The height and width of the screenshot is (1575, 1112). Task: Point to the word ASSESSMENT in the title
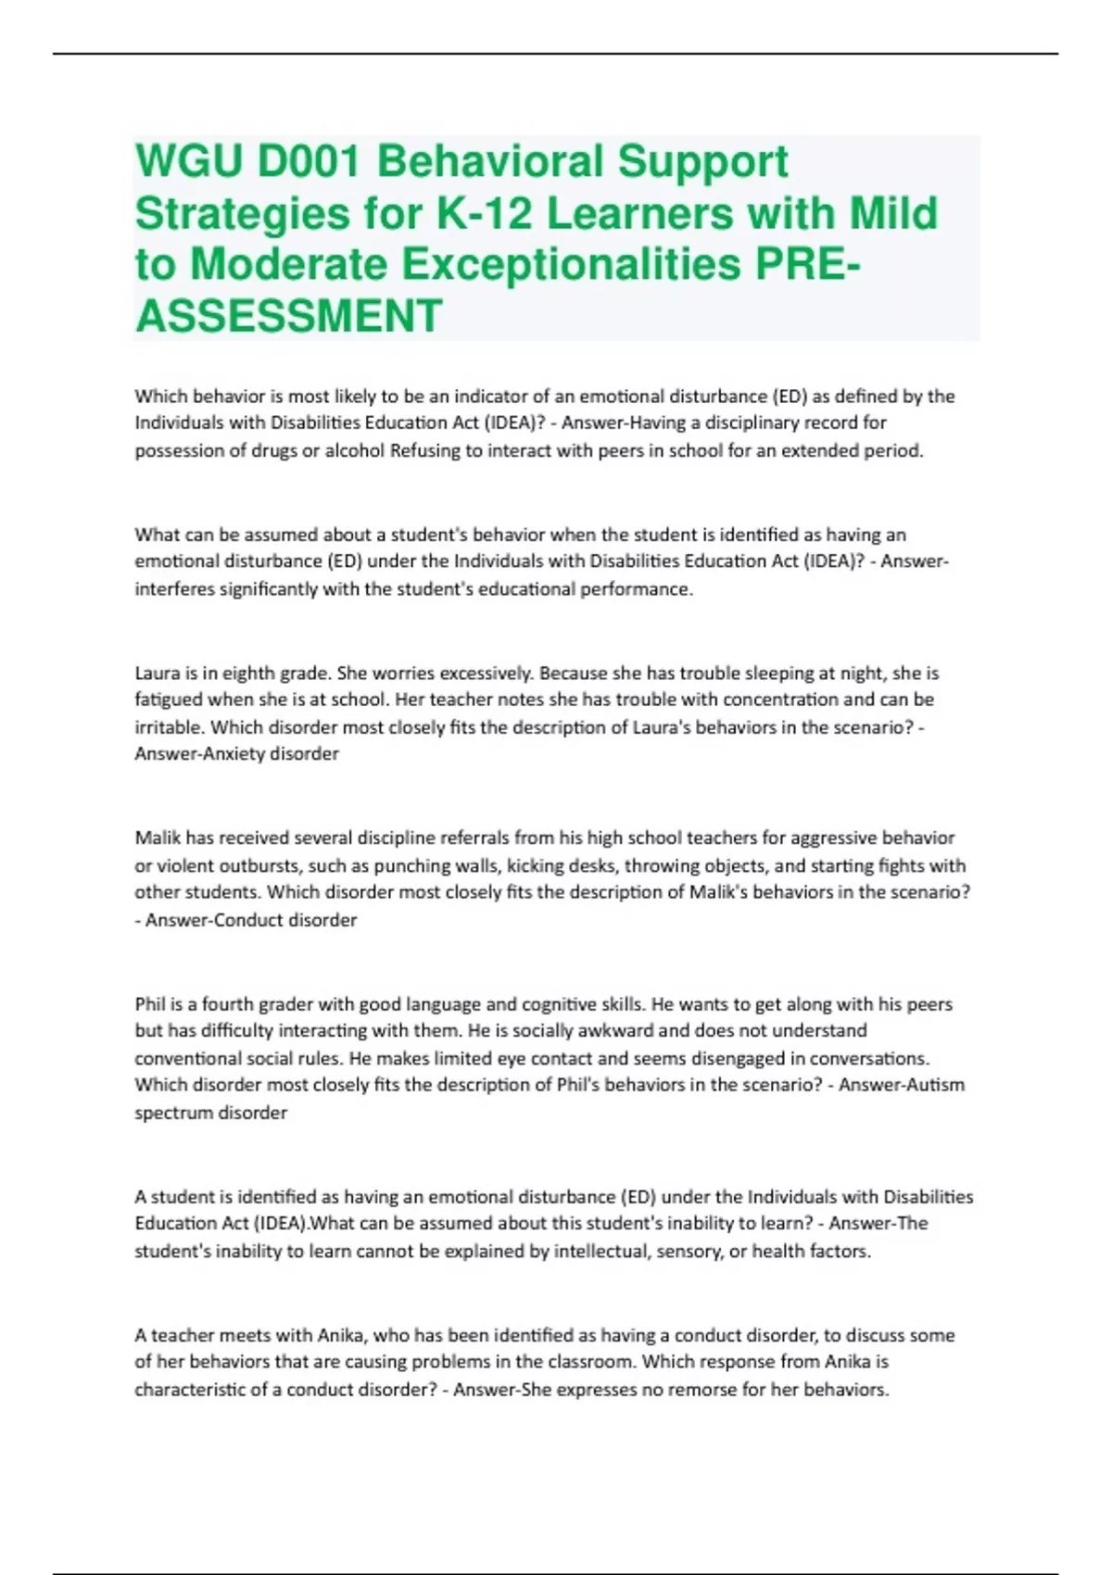click(x=288, y=316)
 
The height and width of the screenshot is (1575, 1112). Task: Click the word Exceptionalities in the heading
click(x=572, y=265)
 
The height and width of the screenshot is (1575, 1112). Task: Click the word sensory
click(x=687, y=1252)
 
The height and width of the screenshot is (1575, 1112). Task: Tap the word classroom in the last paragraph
click(x=595, y=1362)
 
